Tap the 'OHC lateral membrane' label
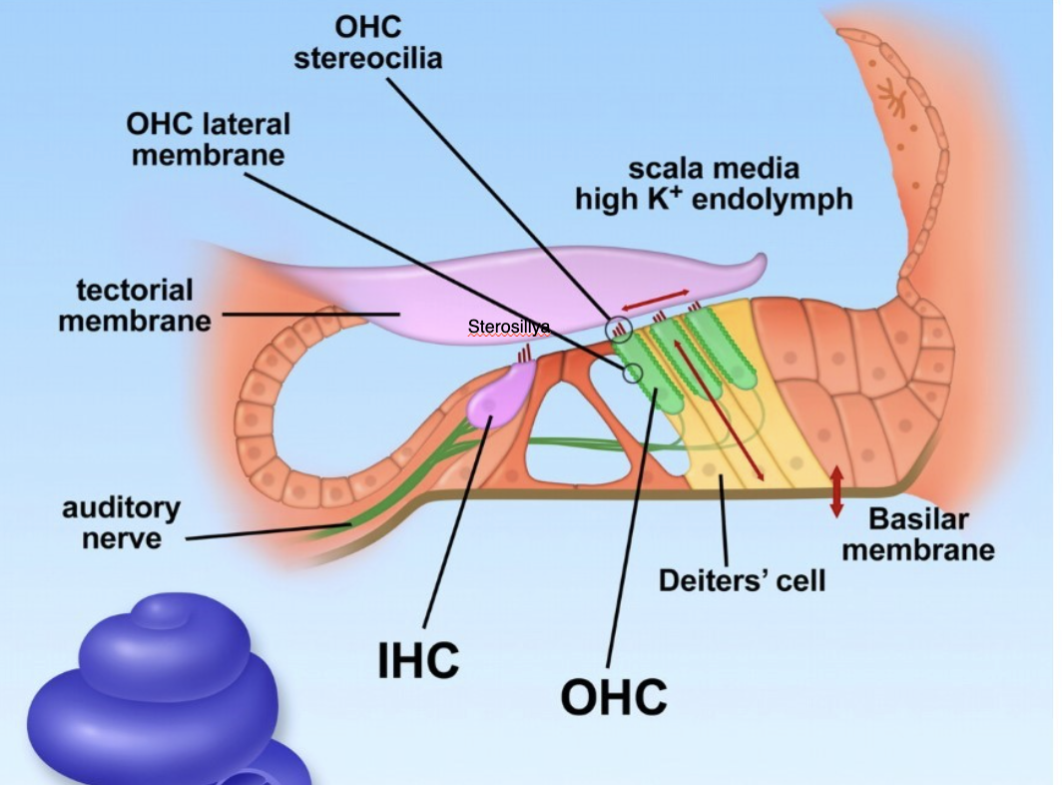click(208, 139)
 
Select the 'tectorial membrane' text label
click(135, 305)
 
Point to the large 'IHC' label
click(418, 660)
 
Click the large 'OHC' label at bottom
click(613, 695)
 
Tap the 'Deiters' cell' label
click(742, 579)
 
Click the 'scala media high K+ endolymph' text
click(713, 184)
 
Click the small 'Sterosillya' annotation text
click(508, 328)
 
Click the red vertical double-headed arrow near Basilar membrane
click(836, 491)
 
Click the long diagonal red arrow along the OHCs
click(719, 409)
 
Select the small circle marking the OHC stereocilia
click(619, 326)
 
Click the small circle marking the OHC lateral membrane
click(632, 374)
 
